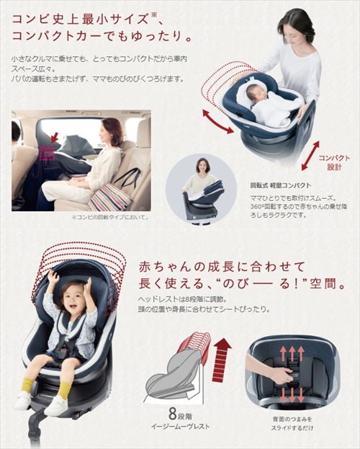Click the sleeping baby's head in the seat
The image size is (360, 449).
pyautogui.click(x=260, y=90)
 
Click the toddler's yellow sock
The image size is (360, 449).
pyautogui.click(x=66, y=390)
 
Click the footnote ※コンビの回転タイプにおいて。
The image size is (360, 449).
pyautogui.click(x=109, y=217)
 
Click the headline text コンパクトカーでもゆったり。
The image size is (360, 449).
pyautogui.click(x=101, y=35)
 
